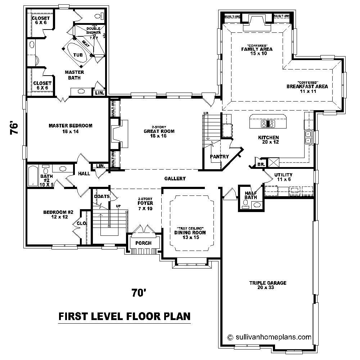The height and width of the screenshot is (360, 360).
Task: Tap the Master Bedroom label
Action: (71, 129)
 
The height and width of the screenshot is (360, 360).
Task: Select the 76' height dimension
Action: (13, 128)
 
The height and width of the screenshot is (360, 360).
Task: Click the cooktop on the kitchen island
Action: (268, 124)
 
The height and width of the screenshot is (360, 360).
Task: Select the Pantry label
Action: (219, 157)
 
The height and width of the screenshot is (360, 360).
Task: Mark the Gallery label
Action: (175, 179)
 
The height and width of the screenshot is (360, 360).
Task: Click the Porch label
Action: (143, 243)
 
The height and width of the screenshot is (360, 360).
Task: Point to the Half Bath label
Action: (251, 195)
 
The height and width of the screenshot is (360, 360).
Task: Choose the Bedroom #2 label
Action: (58, 215)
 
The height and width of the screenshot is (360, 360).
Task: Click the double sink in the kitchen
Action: (308, 137)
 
